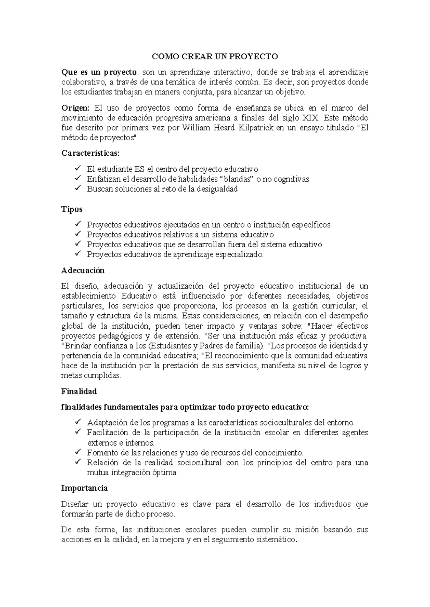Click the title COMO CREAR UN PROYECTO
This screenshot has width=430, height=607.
click(x=215, y=57)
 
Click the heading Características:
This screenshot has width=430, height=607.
click(x=91, y=153)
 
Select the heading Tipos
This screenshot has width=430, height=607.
click(x=72, y=209)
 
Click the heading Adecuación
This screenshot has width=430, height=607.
click(x=83, y=271)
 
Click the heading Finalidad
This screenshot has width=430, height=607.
click(x=79, y=392)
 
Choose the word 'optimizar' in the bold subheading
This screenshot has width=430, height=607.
click(x=198, y=407)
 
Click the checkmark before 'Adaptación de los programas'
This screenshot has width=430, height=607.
click(x=78, y=422)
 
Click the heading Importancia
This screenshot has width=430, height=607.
click(x=84, y=488)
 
